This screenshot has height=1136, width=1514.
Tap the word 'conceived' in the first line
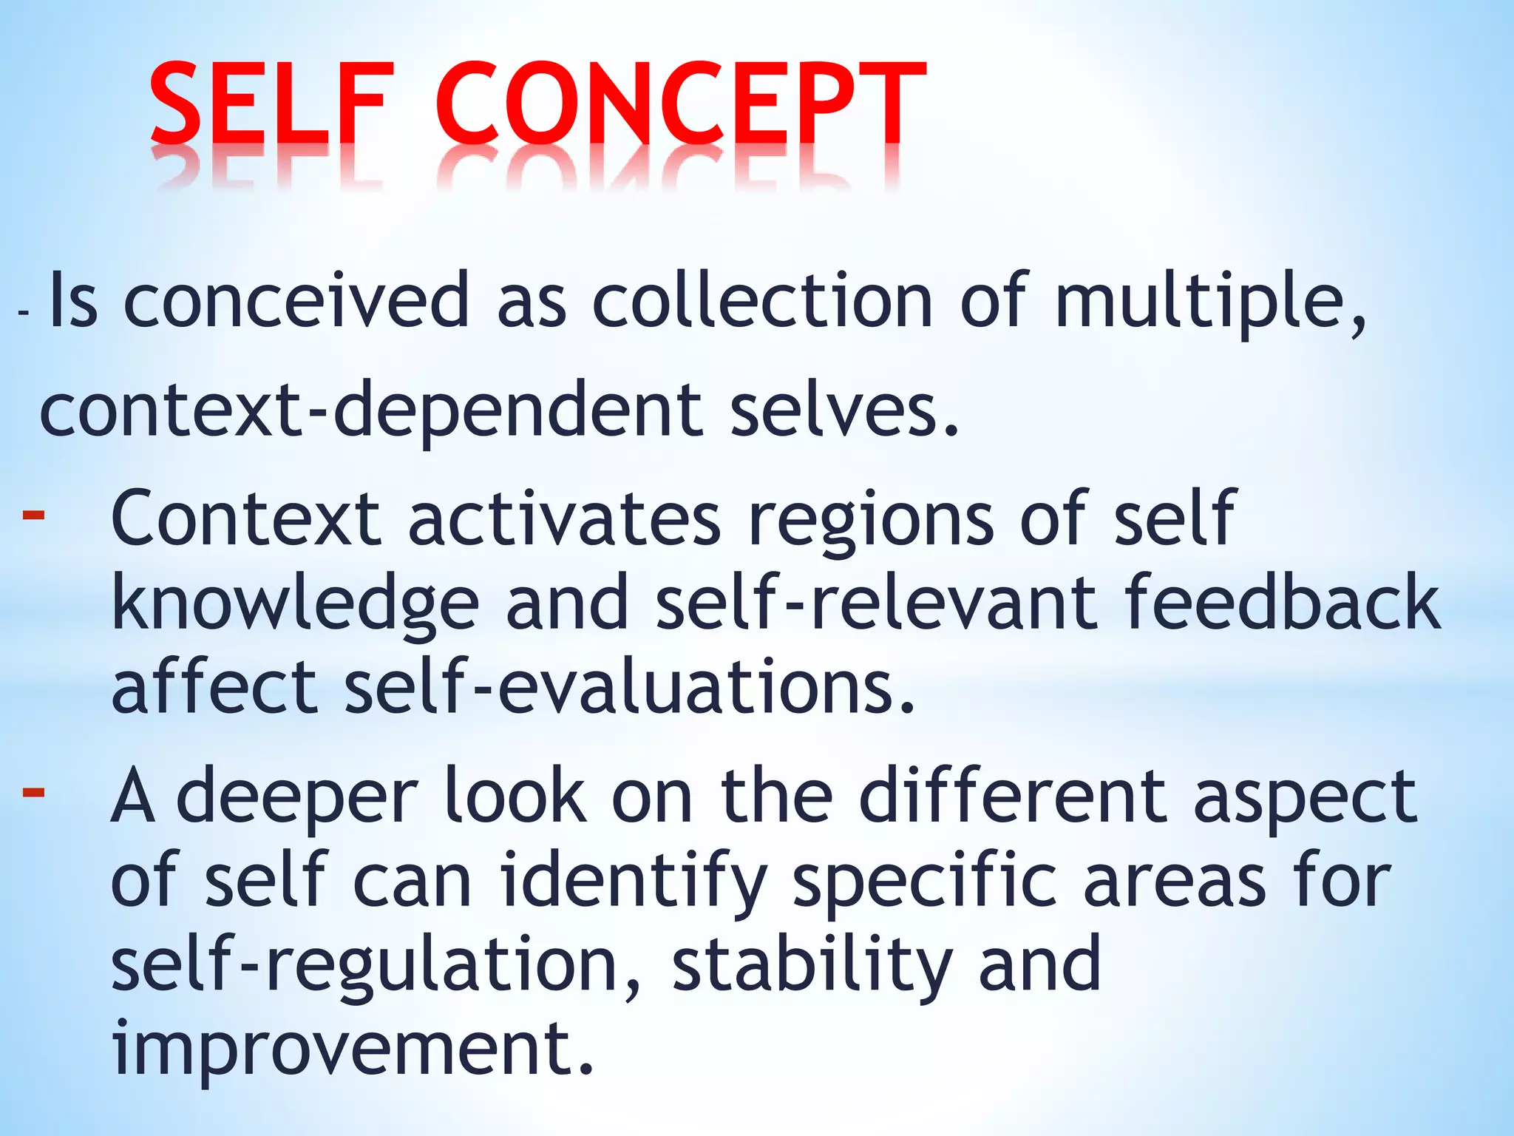pos(296,300)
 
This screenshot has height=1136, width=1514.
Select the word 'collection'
pos(761,300)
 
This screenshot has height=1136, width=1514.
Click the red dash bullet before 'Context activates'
pos(34,513)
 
